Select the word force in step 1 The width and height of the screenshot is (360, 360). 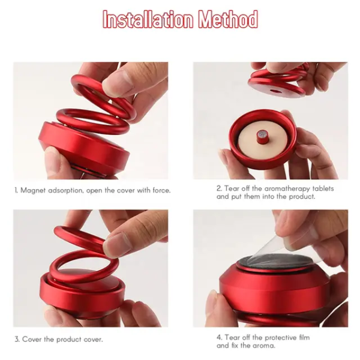click(160, 190)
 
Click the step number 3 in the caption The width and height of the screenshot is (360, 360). click(16, 339)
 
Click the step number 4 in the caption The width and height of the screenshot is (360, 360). click(219, 338)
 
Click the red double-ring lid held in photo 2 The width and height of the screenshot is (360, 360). click(279, 81)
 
